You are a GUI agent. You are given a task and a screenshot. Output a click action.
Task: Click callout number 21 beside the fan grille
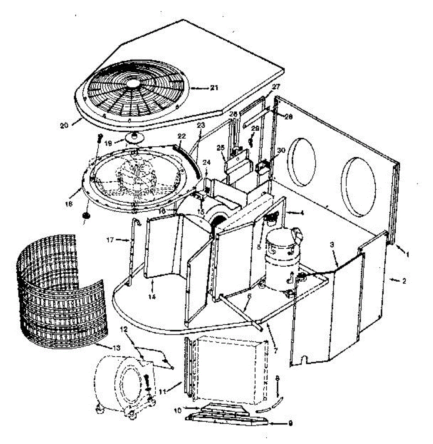[x=214, y=88]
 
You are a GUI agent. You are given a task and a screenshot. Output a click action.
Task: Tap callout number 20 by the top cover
[x=64, y=125]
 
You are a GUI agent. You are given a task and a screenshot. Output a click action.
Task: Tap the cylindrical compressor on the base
[x=280, y=261]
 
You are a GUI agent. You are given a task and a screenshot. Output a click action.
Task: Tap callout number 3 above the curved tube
[x=332, y=245]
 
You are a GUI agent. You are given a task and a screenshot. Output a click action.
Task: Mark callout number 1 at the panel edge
[x=407, y=255]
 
